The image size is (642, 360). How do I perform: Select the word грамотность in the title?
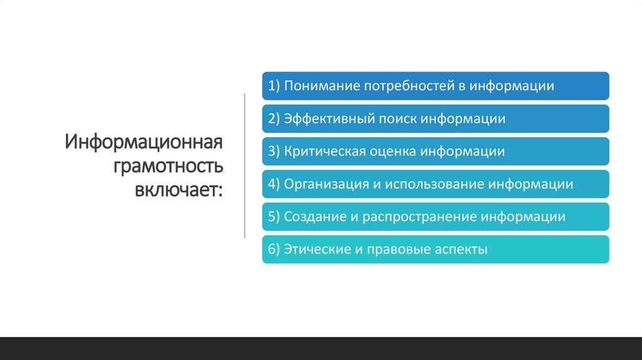[x=168, y=166]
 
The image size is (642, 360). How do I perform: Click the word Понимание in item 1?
[x=320, y=86]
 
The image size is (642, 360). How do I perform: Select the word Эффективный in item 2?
[x=330, y=119]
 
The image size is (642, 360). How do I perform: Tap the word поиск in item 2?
[x=398, y=119]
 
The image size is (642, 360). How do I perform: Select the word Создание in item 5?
[x=312, y=217]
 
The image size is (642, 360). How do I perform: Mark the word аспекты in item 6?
[x=460, y=250]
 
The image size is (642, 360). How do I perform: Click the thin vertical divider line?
[x=245, y=166]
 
